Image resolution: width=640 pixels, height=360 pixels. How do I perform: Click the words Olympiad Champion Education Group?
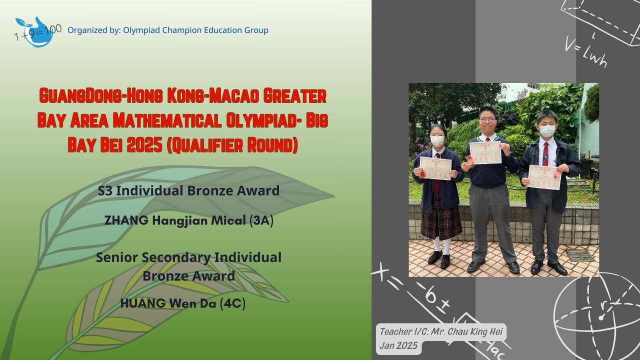click(194, 30)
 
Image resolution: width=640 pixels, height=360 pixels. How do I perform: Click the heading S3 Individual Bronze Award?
click(188, 190)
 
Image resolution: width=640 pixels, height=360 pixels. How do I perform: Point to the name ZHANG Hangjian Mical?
click(175, 220)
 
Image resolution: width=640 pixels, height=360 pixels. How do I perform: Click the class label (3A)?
click(261, 220)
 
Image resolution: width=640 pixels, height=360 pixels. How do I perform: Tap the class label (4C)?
click(232, 303)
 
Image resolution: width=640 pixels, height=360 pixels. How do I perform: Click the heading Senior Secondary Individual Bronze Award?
click(188, 266)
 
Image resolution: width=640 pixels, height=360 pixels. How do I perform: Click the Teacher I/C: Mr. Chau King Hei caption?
click(442, 331)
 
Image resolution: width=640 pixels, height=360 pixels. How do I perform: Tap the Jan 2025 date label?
click(398, 346)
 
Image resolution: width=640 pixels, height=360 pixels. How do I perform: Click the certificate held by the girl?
click(435, 168)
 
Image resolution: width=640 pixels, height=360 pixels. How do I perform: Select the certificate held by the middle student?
click(485, 152)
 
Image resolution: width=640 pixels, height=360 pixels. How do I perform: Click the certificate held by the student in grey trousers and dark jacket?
click(544, 177)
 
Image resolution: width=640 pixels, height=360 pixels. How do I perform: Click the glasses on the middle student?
click(488, 120)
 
